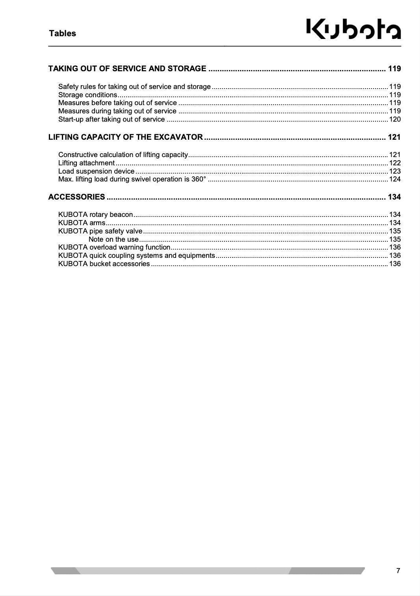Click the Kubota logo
353,29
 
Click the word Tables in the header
62,33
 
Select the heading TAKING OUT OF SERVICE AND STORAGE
127,68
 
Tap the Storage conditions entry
87,95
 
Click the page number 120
395,119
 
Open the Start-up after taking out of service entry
112,119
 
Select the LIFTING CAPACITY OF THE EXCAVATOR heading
125,137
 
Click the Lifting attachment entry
86,163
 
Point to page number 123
395,171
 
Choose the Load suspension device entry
96,171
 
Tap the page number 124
395,179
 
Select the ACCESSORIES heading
76,197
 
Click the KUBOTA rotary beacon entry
95,215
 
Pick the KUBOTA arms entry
82,223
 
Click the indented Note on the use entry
113,239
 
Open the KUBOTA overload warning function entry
114,247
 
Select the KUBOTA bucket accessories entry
104,264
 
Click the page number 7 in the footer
398,571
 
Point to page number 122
395,163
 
